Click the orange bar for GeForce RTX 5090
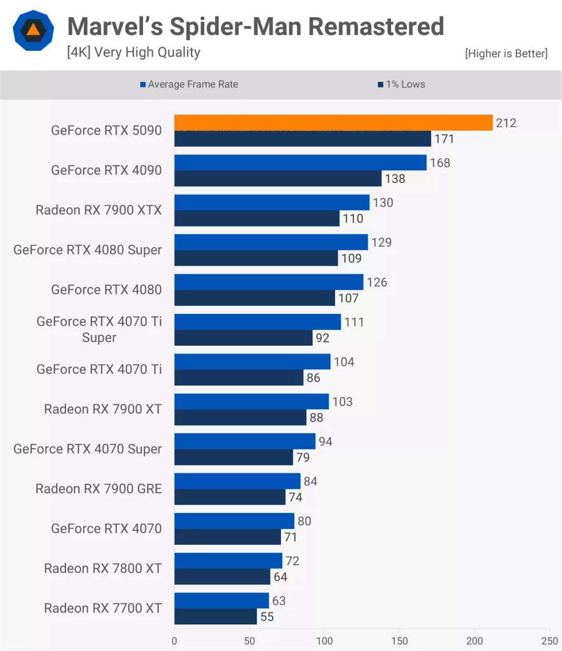pyautogui.click(x=333, y=123)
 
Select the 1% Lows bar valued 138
pyautogui.click(x=278, y=179)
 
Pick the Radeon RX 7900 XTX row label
pyautogui.click(x=99, y=210)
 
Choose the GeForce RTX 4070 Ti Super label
pyautogui.click(x=99, y=329)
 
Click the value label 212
pyautogui.click(x=506, y=123)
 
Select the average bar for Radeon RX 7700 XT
pyautogui.click(x=221, y=601)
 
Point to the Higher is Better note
pyautogui.click(x=506, y=53)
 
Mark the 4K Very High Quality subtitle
pyautogui.click(x=134, y=52)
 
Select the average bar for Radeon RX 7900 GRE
pyautogui.click(x=237, y=481)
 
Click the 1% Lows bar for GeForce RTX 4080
pyautogui.click(x=254, y=298)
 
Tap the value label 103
pyautogui.click(x=342, y=402)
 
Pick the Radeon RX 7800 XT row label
pyautogui.click(x=103, y=568)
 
